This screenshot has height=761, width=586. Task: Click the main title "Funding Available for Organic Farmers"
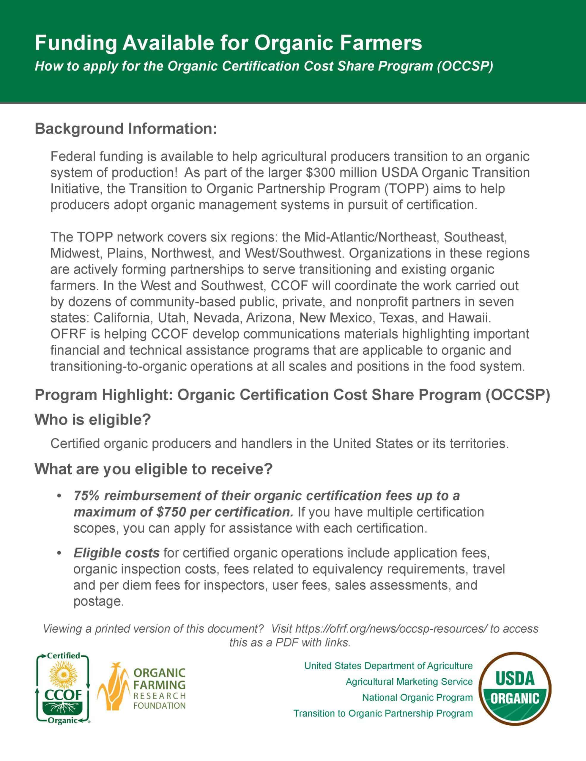[x=228, y=43]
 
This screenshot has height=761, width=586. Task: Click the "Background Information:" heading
[x=126, y=129]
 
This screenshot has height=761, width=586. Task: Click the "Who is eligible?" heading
[x=93, y=419]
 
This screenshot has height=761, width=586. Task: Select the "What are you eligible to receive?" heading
[x=153, y=469]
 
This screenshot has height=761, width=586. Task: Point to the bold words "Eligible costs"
[x=116, y=553]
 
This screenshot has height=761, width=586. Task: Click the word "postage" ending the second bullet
[x=98, y=601]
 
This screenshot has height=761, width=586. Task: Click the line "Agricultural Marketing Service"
[x=409, y=681]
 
